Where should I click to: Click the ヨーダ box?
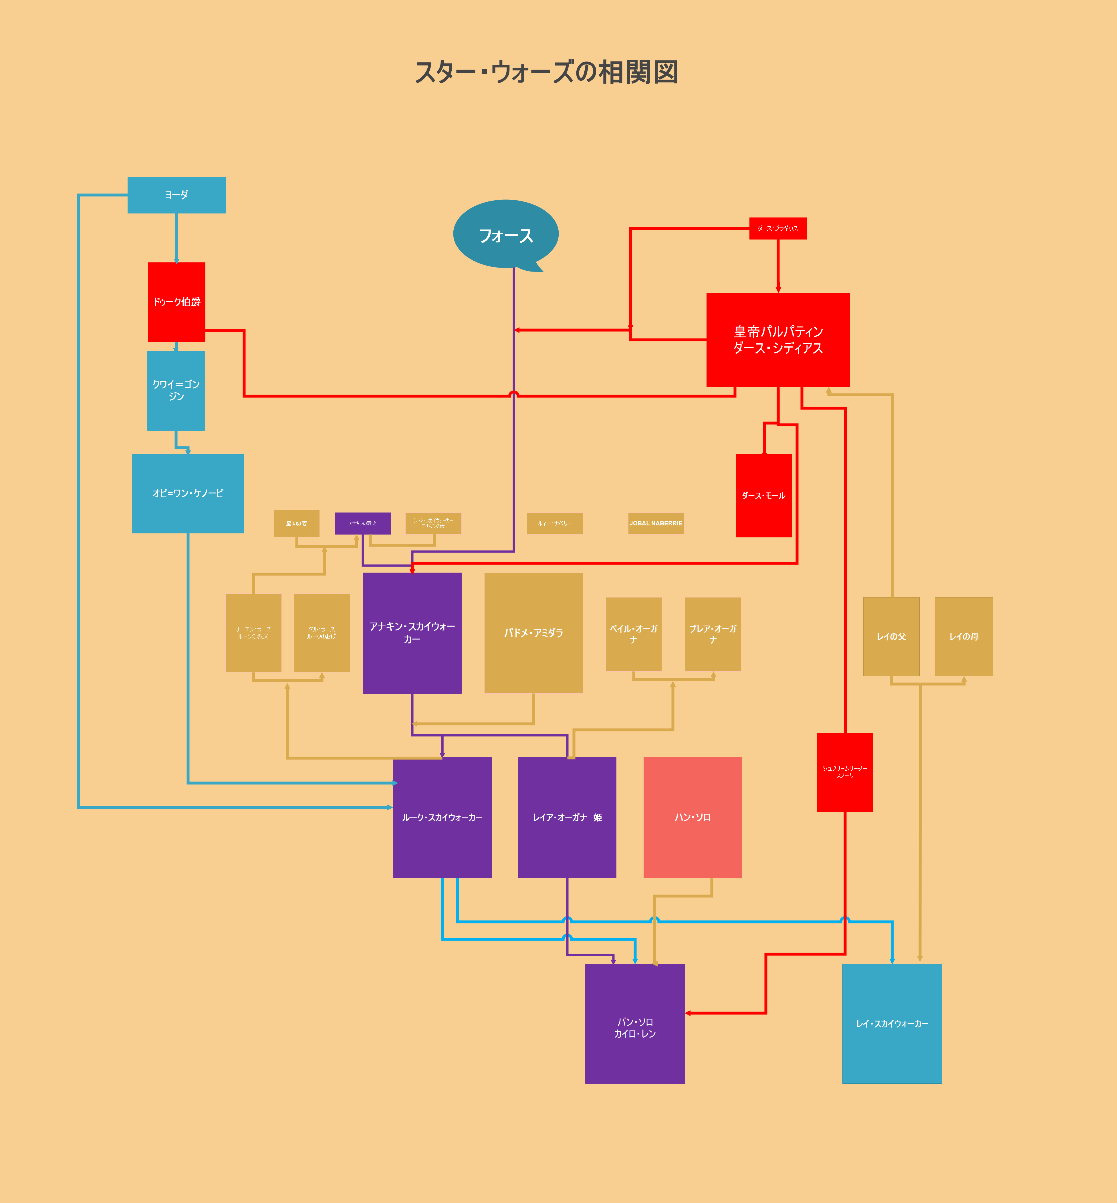(176, 195)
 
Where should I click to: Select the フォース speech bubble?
(505, 235)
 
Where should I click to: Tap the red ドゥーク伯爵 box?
(176, 302)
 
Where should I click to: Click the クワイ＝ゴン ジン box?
(176, 391)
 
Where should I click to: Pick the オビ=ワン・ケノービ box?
(188, 493)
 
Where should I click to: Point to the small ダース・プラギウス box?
(778, 229)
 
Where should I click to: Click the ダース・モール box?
(763, 495)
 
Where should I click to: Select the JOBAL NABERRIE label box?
(656, 523)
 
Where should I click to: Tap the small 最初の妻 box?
(296, 523)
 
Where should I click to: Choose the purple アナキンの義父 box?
(363, 523)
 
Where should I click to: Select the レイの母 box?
(963, 637)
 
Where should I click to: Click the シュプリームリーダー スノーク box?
(844, 772)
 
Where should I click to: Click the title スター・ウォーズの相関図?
(546, 73)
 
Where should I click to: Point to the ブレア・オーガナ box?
(713, 634)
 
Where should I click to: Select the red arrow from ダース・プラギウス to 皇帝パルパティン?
(778, 266)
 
